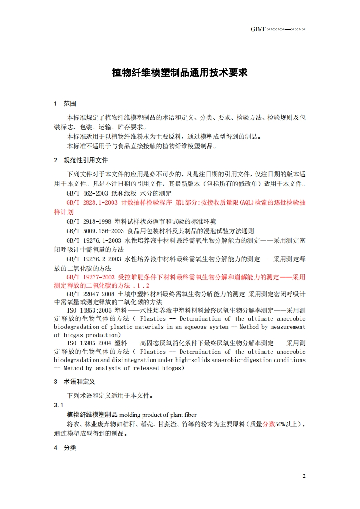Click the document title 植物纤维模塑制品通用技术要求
[x=180, y=73]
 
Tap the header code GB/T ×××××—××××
[x=278, y=29]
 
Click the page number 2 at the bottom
[x=304, y=476]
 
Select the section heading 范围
[x=70, y=103]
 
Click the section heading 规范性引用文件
[x=86, y=160]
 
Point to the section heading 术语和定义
[x=79, y=382]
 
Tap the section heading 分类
[x=70, y=448]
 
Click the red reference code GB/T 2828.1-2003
[x=92, y=202]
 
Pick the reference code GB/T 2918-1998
[x=89, y=221]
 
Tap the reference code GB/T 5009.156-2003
[x=94, y=230]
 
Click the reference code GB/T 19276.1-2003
[x=94, y=240]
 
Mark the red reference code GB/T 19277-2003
[x=90, y=277]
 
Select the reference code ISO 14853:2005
[x=89, y=310]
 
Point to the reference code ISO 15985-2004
[x=89, y=343]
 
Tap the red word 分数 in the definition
[x=269, y=424]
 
